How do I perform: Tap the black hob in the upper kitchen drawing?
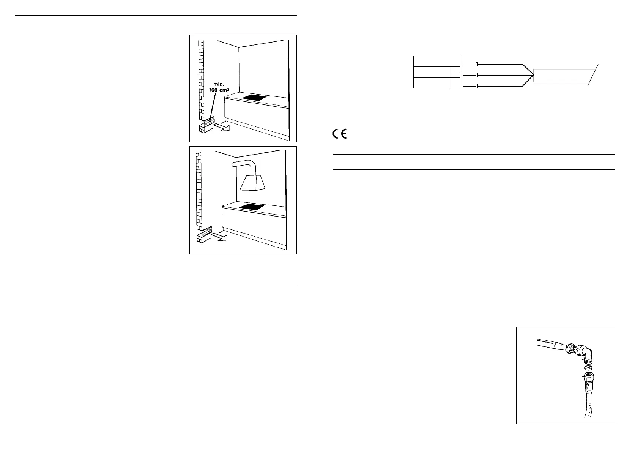pos(254,98)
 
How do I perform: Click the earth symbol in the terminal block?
pos(455,72)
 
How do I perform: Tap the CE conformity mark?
pos(339,134)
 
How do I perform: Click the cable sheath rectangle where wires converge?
pos(564,75)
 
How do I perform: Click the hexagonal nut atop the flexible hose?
pos(588,377)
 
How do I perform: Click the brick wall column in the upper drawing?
pos(201,80)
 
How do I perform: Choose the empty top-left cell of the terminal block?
pos(431,61)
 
